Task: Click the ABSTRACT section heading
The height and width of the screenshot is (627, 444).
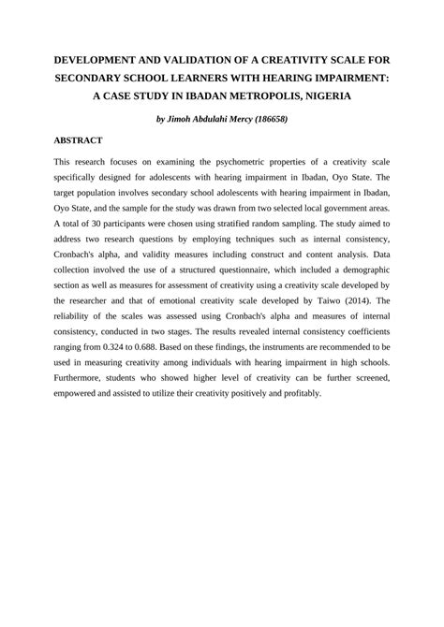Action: coord(78,140)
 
